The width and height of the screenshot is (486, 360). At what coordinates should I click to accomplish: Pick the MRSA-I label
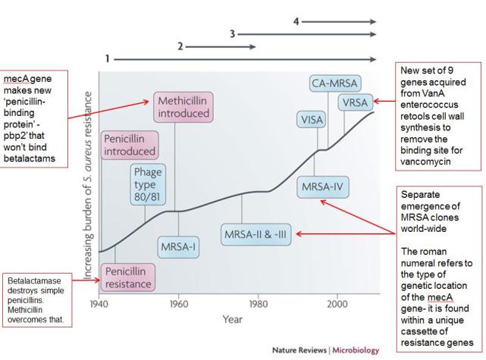(x=179, y=247)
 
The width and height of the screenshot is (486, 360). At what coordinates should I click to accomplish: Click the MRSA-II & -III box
(x=258, y=235)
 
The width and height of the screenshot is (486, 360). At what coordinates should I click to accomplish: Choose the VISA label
(x=312, y=120)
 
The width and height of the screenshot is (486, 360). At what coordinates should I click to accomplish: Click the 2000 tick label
(x=336, y=304)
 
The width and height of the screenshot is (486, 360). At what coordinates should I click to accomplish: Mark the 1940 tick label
(x=99, y=304)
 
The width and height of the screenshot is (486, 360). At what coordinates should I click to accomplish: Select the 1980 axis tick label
(x=257, y=304)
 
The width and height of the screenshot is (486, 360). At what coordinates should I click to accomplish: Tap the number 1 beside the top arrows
(x=108, y=58)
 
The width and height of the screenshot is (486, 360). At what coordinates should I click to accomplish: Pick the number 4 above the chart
(x=296, y=21)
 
